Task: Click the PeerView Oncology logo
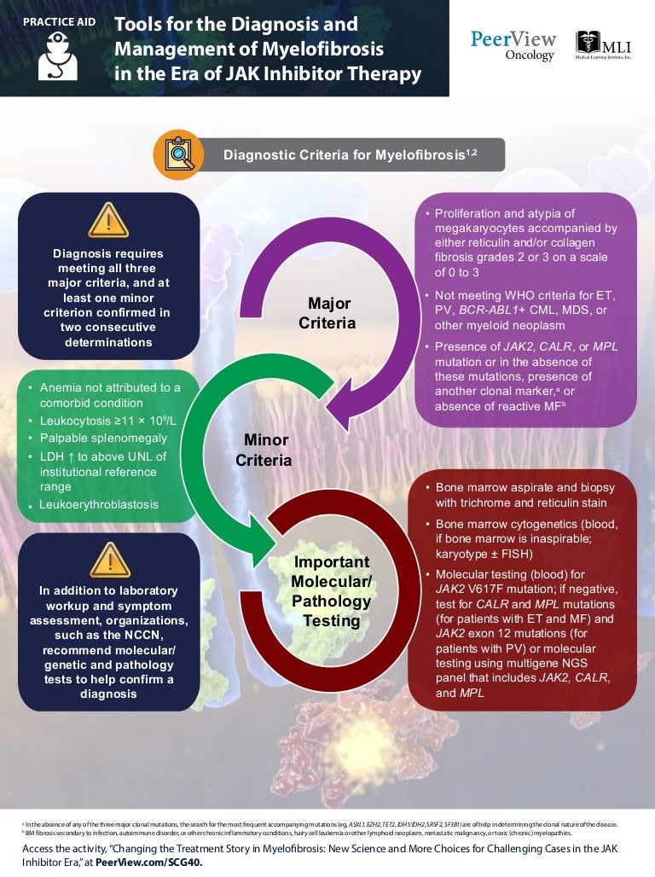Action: (513, 45)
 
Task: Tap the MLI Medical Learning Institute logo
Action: (604, 46)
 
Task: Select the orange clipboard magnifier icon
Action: (177, 154)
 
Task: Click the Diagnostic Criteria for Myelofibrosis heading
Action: (350, 155)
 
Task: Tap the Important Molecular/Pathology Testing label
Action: (331, 591)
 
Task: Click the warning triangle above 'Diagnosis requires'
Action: (108, 221)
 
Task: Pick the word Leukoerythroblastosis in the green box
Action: (98, 505)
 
